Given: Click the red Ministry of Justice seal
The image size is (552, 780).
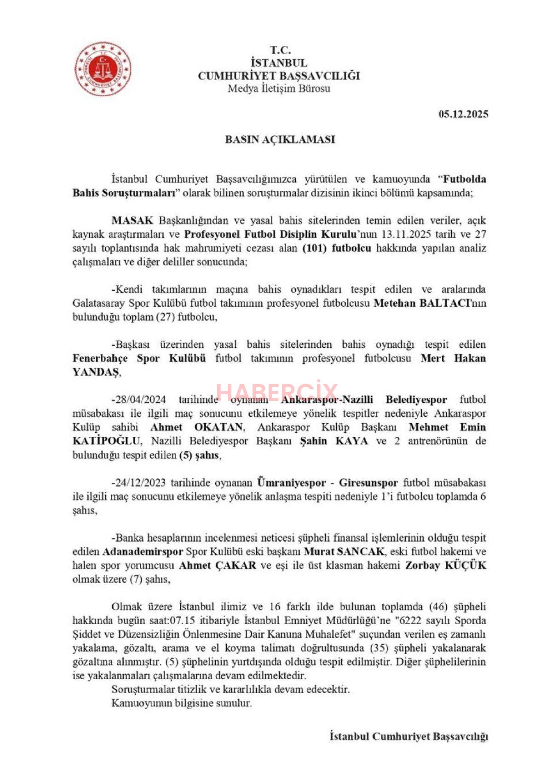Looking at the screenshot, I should [x=103, y=69].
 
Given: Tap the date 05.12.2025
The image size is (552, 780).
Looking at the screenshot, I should [x=463, y=115].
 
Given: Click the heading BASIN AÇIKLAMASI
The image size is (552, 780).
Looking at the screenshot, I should [x=280, y=139].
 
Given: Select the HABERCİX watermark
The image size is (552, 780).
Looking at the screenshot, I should [x=277, y=392].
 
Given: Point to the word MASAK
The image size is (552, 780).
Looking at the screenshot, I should [x=132, y=220].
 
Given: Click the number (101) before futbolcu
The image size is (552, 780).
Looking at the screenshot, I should [x=315, y=248].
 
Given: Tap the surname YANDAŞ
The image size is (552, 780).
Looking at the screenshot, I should [x=96, y=373].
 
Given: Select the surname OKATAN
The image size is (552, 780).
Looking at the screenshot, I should [x=218, y=427].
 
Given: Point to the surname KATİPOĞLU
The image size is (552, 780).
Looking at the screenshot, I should [x=106, y=441].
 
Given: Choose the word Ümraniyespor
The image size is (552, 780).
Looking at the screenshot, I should [x=292, y=483].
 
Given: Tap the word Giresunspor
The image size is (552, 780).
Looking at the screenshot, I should [x=368, y=483].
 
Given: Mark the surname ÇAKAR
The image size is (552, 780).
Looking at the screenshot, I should [x=236, y=565].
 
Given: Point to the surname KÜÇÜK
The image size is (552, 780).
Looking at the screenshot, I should [x=465, y=565].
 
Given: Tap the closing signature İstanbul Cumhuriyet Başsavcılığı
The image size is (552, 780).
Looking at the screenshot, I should [x=408, y=736].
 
